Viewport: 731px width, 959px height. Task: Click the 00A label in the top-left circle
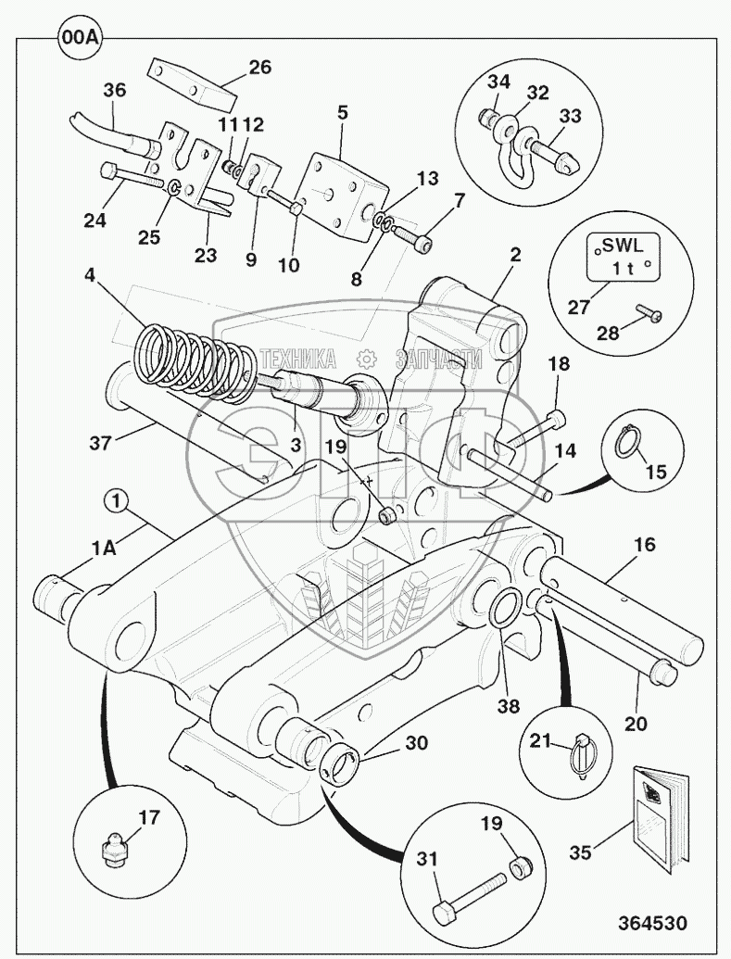click(80, 38)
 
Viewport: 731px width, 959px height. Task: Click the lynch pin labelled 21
click(583, 754)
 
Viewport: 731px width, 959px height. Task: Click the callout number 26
click(259, 67)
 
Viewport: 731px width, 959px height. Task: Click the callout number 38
click(509, 705)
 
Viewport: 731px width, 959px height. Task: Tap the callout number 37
click(101, 442)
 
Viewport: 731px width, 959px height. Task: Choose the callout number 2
click(515, 254)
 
